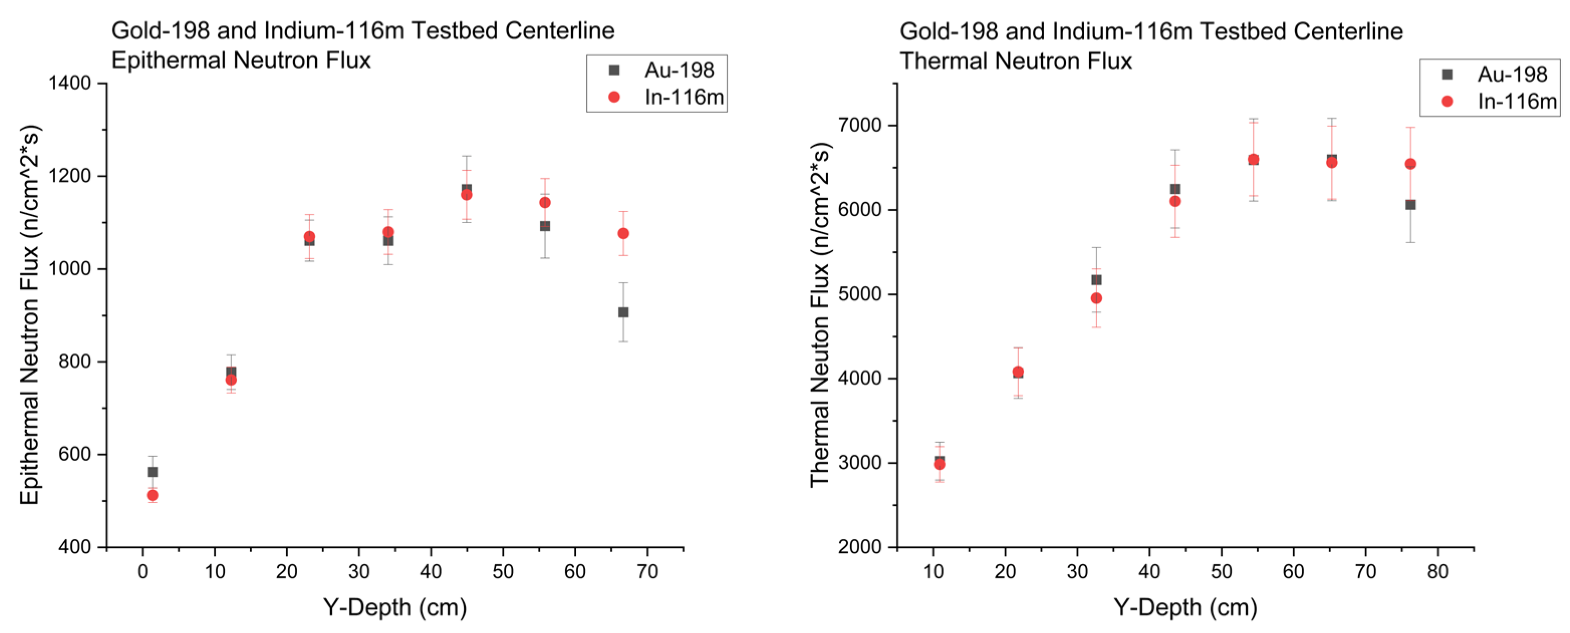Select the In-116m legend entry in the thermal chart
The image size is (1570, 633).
pyautogui.click(x=1516, y=101)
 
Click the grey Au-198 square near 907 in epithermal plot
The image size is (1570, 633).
pyautogui.click(x=623, y=312)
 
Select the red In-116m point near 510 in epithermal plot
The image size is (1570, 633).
pyautogui.click(x=153, y=495)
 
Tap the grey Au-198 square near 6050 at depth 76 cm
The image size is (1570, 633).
pyautogui.click(x=1410, y=205)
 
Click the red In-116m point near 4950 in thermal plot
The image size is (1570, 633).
pyautogui.click(x=1096, y=298)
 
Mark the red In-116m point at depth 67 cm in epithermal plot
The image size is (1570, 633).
pyautogui.click(x=623, y=233)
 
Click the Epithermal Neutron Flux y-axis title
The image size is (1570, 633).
pyautogui.click(x=29, y=315)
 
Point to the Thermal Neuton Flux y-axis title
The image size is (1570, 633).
pyautogui.click(x=820, y=315)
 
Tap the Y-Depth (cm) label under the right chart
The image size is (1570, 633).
pyautogui.click(x=1185, y=607)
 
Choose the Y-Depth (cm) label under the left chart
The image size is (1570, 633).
pyautogui.click(x=395, y=607)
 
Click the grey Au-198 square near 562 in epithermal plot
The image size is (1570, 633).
pyautogui.click(x=153, y=472)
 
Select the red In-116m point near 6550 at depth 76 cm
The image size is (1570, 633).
pyautogui.click(x=1410, y=164)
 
